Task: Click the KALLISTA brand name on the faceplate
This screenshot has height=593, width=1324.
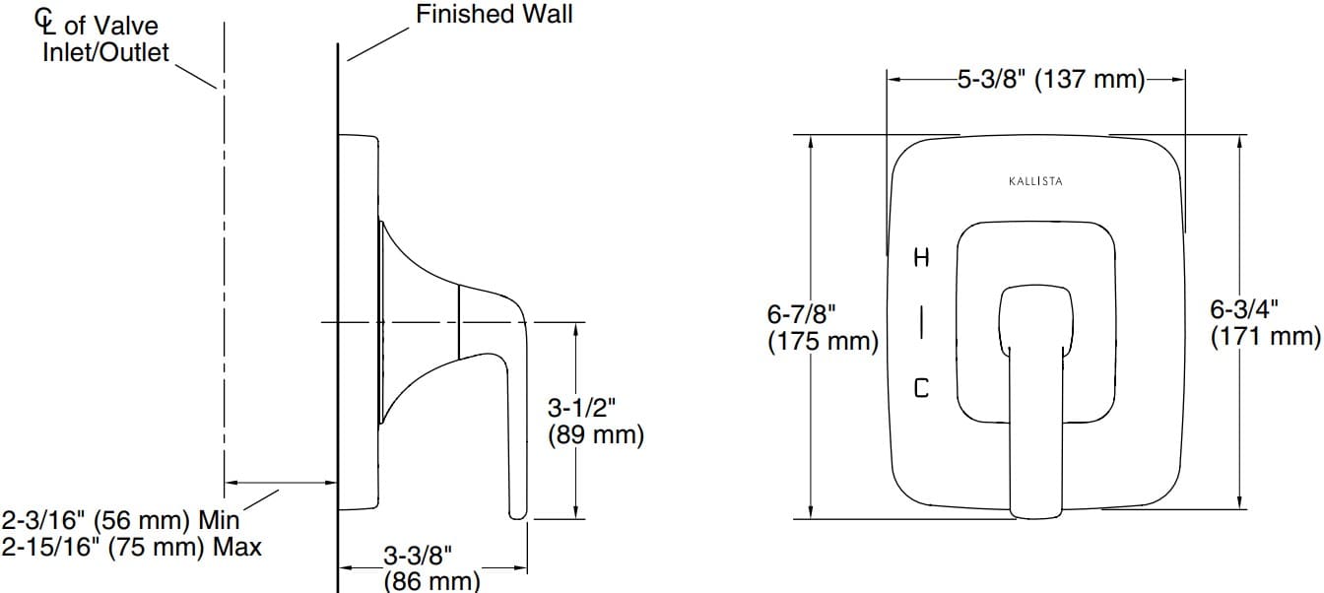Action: click(1035, 181)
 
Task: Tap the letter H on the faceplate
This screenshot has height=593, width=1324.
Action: click(921, 259)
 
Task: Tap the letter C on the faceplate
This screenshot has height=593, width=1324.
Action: click(921, 388)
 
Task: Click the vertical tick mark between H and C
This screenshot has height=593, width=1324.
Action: click(921, 322)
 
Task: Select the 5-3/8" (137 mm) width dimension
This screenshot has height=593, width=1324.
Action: click(1049, 80)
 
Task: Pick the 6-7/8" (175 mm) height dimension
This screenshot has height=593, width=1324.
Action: click(823, 328)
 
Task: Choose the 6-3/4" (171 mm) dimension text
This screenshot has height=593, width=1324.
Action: click(1264, 323)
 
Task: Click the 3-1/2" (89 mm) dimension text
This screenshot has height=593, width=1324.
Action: click(595, 421)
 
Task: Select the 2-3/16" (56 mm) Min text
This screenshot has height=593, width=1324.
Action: click(120, 519)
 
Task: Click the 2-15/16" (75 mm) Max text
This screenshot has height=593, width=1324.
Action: click(131, 547)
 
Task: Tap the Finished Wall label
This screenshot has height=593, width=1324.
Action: click(494, 15)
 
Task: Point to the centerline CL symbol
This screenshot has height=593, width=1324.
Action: click(46, 19)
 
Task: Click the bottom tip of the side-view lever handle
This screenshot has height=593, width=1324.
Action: click(517, 514)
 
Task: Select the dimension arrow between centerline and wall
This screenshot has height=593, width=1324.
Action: click(282, 483)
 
